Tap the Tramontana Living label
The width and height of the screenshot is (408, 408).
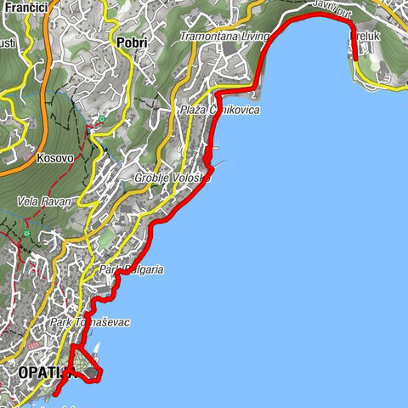pyautogui.click(x=224, y=37)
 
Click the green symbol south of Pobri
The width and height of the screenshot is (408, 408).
pyautogui.click(x=102, y=119)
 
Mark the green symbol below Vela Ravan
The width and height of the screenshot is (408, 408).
pyautogui.click(x=27, y=233)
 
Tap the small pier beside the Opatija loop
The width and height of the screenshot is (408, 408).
pyautogui.click(x=99, y=349)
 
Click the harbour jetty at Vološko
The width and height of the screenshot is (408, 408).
pyautogui.click(x=220, y=161)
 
